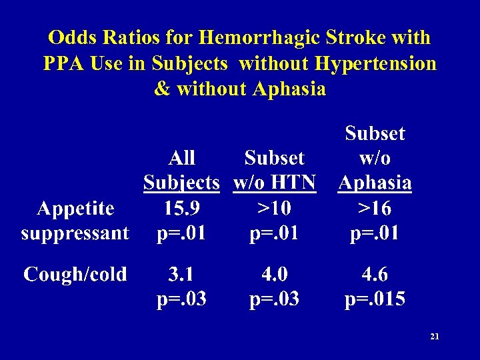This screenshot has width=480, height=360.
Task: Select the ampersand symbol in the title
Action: pyautogui.click(x=161, y=89)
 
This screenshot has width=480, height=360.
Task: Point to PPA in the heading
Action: pyautogui.click(x=65, y=63)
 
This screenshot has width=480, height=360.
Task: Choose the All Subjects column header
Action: pyautogui.click(x=181, y=170)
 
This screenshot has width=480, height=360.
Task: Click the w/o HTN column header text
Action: pyautogui.click(x=274, y=183)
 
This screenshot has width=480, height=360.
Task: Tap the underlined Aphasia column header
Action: pyautogui.click(x=375, y=183)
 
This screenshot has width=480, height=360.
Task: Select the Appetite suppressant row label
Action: pyautogui.click(x=75, y=221)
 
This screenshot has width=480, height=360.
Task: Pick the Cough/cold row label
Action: pyautogui.click(x=75, y=274)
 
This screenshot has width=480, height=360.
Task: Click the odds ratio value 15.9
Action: pyautogui.click(x=181, y=209)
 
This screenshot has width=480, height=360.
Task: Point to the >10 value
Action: pyautogui.click(x=274, y=209)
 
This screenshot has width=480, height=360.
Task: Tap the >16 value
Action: pyautogui.click(x=375, y=209)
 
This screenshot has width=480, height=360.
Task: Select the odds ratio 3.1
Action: pyautogui.click(x=181, y=274)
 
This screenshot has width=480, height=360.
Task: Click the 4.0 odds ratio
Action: pyautogui.click(x=274, y=274)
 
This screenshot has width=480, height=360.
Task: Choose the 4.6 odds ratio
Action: pyautogui.click(x=375, y=274)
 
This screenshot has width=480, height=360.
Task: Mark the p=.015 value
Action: pyautogui.click(x=375, y=299)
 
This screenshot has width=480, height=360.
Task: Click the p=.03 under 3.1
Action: pyautogui.click(x=181, y=299)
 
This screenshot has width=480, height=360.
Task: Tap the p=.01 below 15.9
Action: pyautogui.click(x=181, y=233)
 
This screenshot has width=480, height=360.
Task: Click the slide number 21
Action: pyautogui.click(x=435, y=337)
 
